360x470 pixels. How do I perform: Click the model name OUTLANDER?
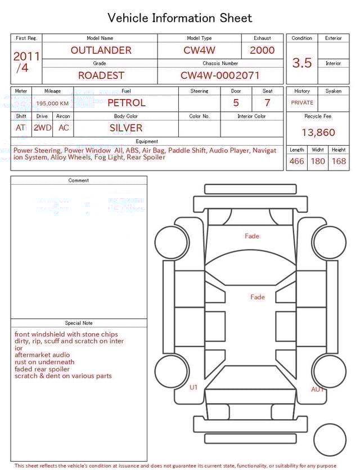coord(101,50)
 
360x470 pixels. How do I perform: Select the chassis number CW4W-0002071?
coord(220,75)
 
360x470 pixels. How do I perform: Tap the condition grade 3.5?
coord(302,63)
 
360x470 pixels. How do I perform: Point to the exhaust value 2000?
coord(262,50)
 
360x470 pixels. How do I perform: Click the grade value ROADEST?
coord(101,75)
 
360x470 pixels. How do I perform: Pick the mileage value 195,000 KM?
coord(52,104)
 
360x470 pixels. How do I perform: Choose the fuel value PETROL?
coord(126,103)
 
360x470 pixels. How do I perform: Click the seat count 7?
coord(267,103)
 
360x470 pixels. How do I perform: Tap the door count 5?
coord(236,103)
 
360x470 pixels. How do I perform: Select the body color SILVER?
coord(126,128)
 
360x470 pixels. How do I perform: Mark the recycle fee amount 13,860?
coord(318,133)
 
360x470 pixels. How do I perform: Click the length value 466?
coord(296,162)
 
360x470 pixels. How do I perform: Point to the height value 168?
coord(339,162)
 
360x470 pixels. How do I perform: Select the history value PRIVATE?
coord(302,103)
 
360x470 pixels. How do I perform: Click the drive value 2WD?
coord(42,128)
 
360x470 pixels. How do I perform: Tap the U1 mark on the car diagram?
coord(193,387)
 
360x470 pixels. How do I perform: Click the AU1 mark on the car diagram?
coord(318,390)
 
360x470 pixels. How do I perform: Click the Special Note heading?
coord(79,323)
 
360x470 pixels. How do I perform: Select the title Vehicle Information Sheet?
coord(180,18)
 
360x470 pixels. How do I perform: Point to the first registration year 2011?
coord(26,57)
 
